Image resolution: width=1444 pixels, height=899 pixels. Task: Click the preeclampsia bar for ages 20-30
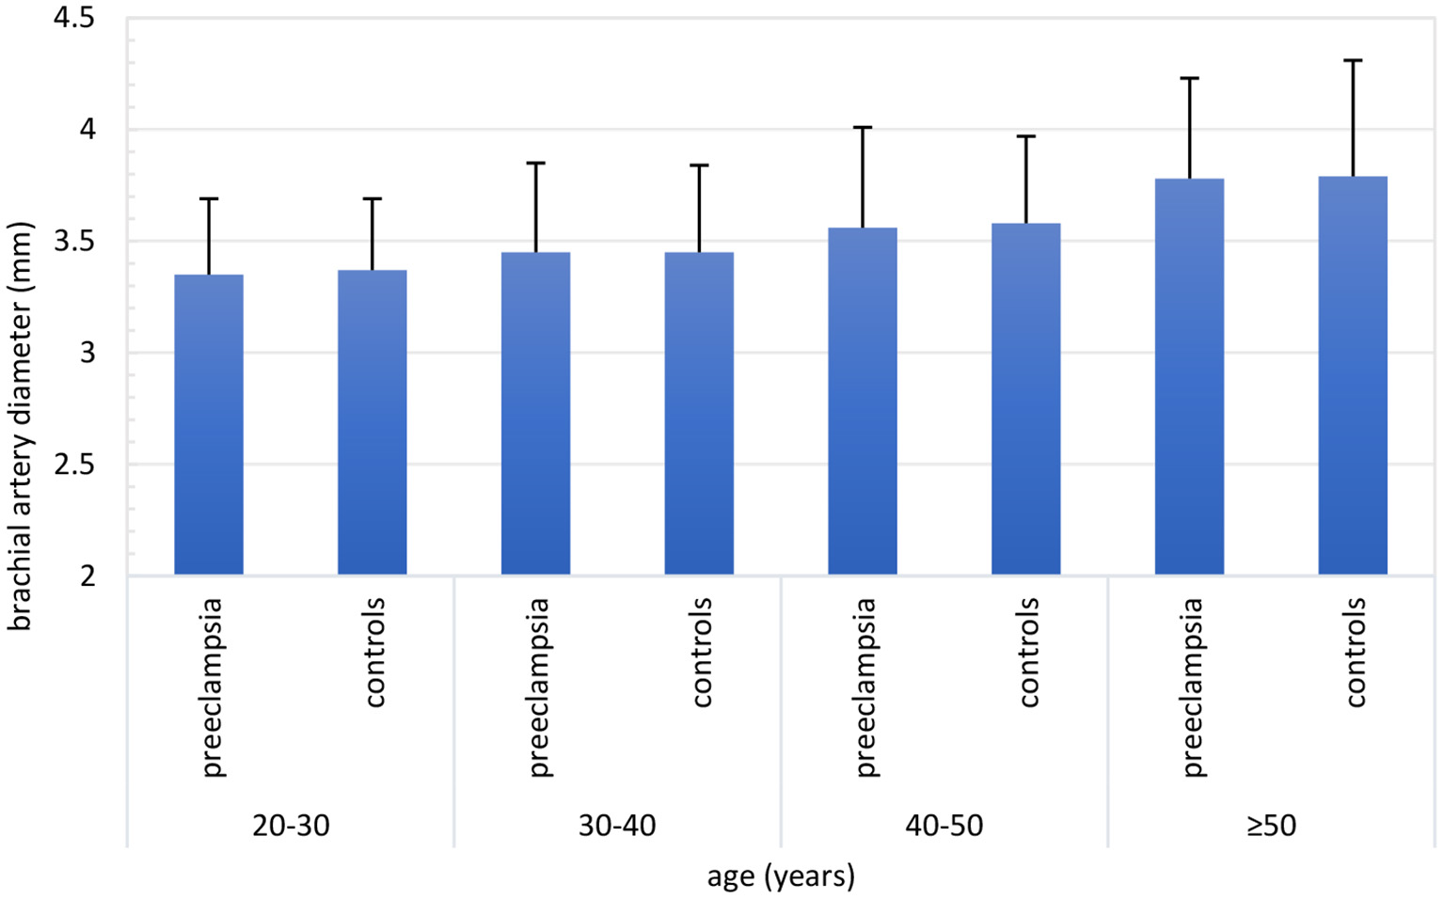click(209, 424)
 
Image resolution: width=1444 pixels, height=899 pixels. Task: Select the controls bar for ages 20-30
click(373, 422)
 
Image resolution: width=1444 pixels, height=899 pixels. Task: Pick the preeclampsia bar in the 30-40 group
click(535, 413)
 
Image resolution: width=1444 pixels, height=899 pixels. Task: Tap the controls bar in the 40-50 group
click(1025, 399)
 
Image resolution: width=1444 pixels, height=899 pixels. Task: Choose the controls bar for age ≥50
click(1353, 375)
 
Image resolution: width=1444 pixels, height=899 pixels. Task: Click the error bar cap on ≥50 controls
click(1353, 60)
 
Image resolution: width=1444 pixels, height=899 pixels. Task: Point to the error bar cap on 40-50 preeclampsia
click(863, 127)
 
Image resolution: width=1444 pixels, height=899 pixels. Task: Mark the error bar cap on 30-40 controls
click(699, 166)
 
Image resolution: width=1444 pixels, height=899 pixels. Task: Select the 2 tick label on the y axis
click(87, 576)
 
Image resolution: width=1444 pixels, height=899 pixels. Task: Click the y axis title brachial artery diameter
click(21, 426)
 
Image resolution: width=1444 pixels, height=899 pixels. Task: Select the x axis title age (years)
click(781, 876)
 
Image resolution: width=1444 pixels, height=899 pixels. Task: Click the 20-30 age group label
click(291, 826)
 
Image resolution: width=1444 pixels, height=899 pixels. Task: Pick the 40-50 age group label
click(944, 826)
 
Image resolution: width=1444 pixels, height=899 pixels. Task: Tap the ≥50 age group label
click(1271, 826)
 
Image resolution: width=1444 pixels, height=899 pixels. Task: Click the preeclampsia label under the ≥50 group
click(1192, 687)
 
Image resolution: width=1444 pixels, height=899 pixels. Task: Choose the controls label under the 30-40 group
click(702, 653)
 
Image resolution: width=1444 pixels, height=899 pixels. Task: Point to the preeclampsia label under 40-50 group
click(865, 687)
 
